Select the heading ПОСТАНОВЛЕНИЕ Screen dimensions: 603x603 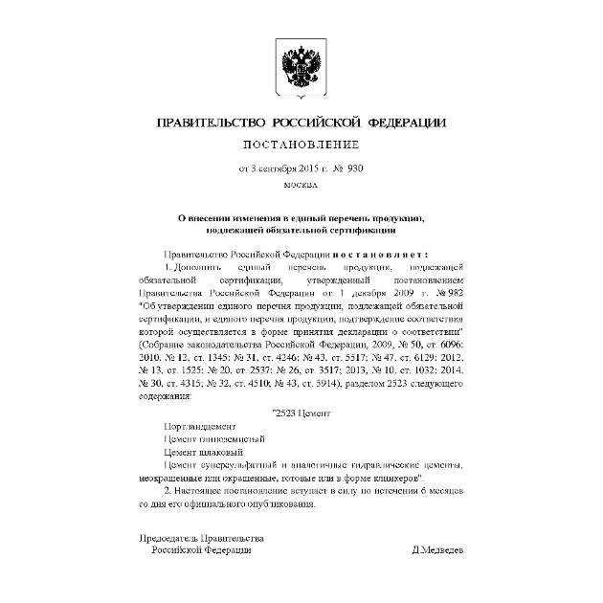click(x=301, y=145)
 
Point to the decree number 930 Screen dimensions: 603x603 click(x=356, y=167)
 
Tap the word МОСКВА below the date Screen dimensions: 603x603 click(x=301, y=184)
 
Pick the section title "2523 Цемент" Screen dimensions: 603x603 click(x=301, y=412)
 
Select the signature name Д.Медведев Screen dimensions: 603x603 click(x=437, y=550)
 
